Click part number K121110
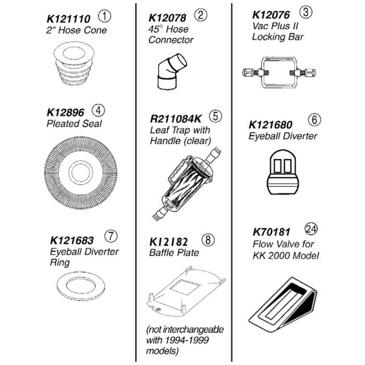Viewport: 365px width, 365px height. [x=68, y=19]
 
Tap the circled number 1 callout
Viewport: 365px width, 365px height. [x=104, y=16]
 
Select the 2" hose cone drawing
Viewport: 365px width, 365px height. [x=74, y=64]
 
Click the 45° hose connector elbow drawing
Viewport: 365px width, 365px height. [x=172, y=71]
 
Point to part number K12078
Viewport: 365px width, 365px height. [x=167, y=18]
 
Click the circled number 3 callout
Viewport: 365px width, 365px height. [x=306, y=12]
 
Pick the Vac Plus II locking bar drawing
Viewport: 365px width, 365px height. [x=279, y=72]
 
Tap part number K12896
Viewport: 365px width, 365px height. [x=65, y=113]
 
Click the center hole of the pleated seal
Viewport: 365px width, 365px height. [x=80, y=172]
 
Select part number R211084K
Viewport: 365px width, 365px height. [x=176, y=119]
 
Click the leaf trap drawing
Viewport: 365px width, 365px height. [x=186, y=184]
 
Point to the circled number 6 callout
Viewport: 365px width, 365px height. [x=314, y=119]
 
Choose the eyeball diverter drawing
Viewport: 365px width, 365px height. [x=283, y=172]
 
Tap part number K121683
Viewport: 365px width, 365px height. [x=72, y=240]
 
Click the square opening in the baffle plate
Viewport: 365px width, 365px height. [x=185, y=287]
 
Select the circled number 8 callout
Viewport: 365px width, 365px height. [x=208, y=239]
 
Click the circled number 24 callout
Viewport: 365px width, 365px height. [x=311, y=229]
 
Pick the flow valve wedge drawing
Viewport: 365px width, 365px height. [x=283, y=305]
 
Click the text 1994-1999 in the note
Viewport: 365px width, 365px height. [x=187, y=340]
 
